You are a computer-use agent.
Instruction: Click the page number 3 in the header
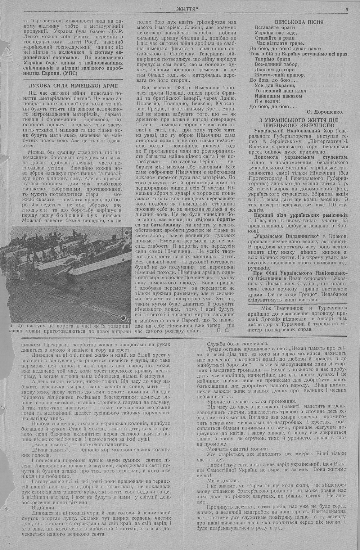pos(346,10)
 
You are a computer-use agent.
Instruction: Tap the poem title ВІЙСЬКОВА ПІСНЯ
pos(298,22)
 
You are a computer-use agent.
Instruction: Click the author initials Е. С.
pos(223,330)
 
